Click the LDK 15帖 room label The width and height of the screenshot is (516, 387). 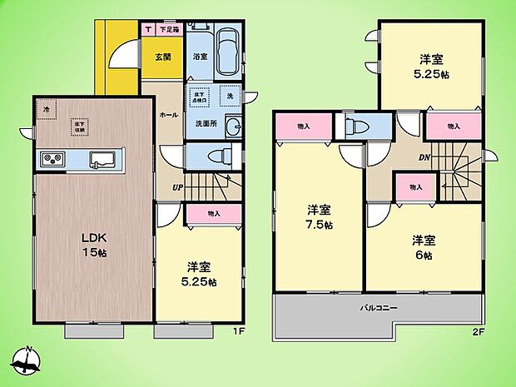[93, 245]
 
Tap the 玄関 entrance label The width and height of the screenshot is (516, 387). [162, 57]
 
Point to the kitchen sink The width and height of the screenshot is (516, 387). [102, 159]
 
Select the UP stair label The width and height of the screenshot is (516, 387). [178, 186]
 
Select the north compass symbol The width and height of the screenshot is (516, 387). [27, 360]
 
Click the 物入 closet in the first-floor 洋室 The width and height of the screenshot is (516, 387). [213, 214]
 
